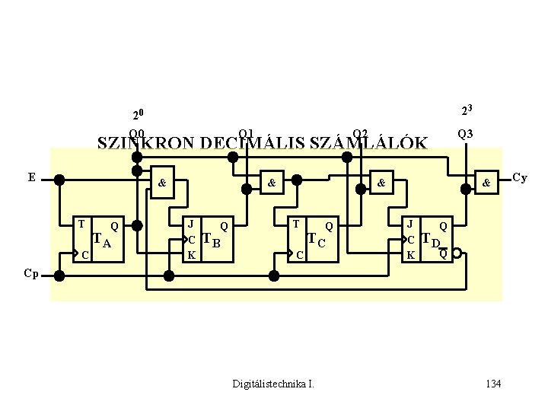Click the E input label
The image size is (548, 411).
coord(31,177)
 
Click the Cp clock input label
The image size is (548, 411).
coord(31,272)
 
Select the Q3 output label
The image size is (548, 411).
coord(465,134)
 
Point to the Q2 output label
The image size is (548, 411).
coord(360,134)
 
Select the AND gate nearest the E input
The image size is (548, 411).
coord(161,183)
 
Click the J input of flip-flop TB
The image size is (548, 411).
coord(191,225)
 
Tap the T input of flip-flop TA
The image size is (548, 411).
coord(81,225)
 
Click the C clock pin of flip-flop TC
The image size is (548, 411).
coord(300,253)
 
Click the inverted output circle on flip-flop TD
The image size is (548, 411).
coord(455,255)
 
